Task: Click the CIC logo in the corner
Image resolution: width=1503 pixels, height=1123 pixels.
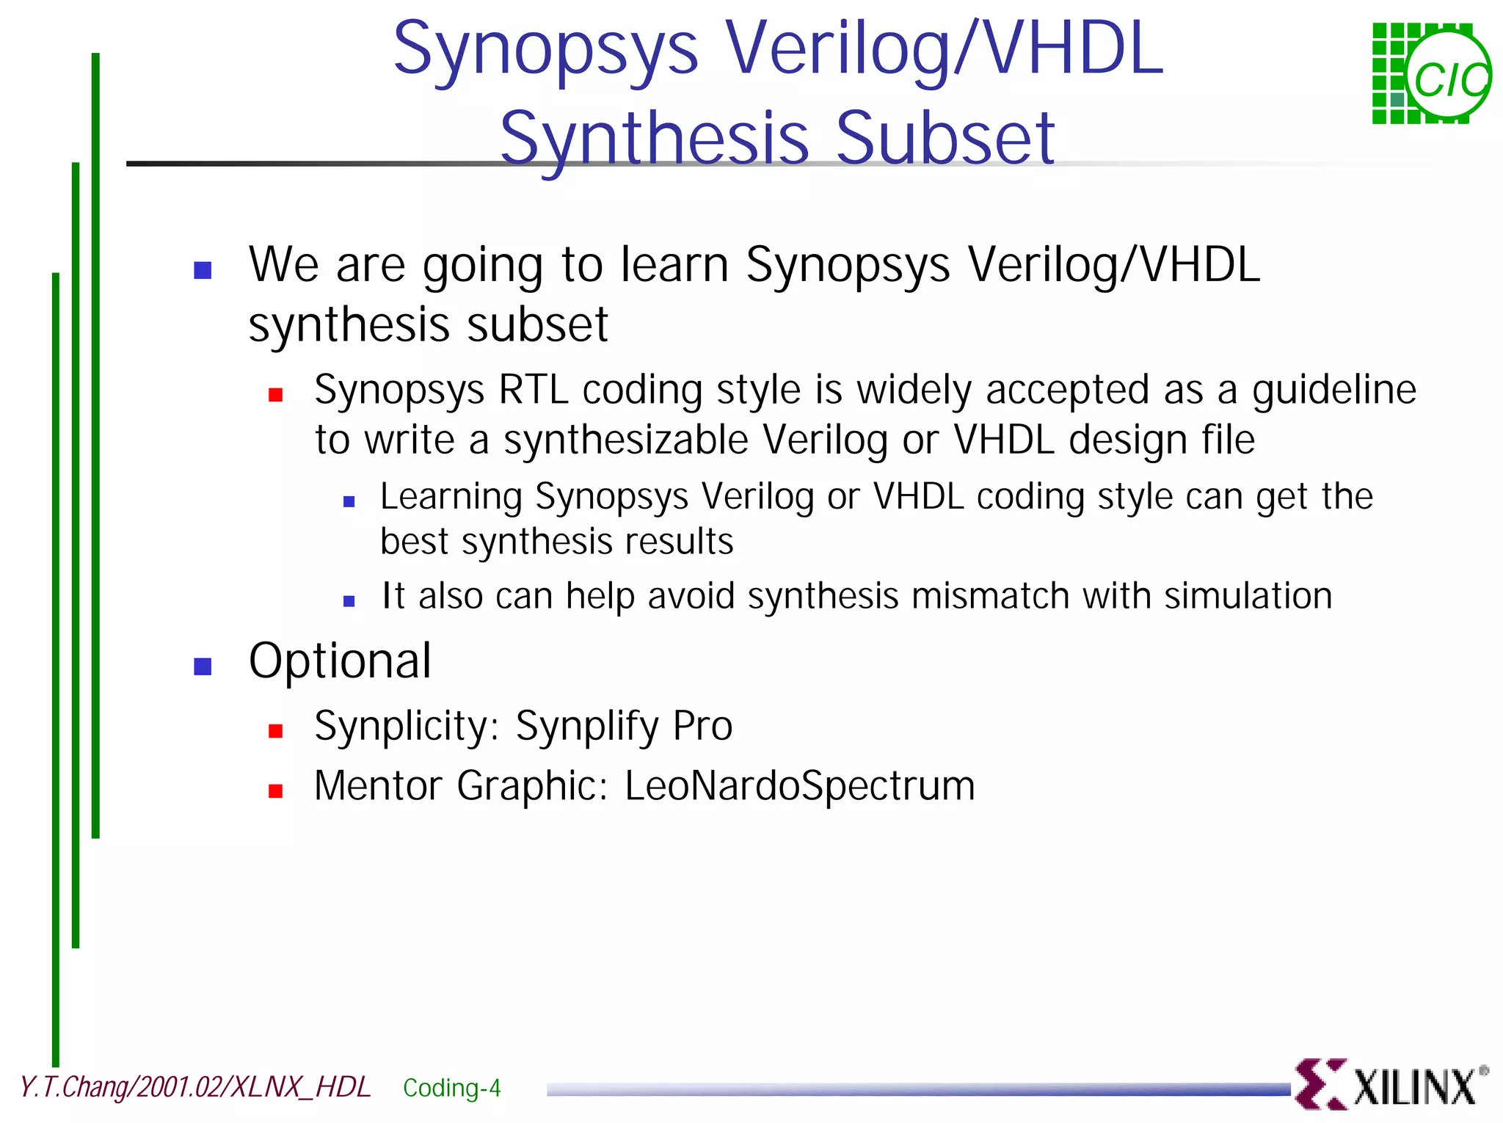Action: coord(1431,73)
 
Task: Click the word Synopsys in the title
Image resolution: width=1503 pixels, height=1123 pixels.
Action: coord(545,50)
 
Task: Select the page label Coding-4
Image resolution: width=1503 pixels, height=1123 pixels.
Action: coord(451,1087)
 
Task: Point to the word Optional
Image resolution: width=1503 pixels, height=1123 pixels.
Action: coord(340,661)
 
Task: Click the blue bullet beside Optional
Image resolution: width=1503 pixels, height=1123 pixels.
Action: coord(203,666)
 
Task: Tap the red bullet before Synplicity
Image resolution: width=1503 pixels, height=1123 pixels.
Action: coord(275,730)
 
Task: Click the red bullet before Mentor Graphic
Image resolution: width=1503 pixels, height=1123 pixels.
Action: coord(275,791)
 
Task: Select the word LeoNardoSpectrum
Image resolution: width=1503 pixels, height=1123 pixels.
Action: coord(799,785)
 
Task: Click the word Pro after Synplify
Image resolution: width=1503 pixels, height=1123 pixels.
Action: coord(702,726)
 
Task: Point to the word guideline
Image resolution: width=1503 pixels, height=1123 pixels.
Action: coord(1333,389)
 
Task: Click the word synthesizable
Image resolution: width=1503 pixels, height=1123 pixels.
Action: coord(625,440)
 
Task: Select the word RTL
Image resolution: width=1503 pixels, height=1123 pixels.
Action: coord(534,389)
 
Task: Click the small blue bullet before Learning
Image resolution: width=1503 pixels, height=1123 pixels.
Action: coord(349,502)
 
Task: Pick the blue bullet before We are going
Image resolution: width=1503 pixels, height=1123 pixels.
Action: coord(203,270)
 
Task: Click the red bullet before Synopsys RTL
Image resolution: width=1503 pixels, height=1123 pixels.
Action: coord(275,395)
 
